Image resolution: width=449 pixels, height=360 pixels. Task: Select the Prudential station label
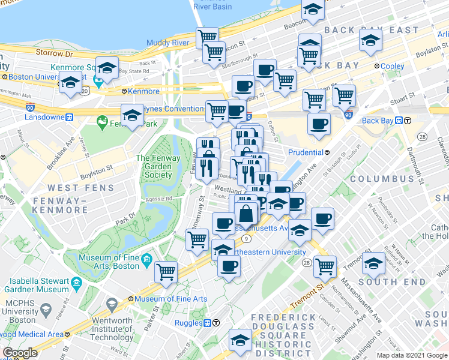(x=306, y=152)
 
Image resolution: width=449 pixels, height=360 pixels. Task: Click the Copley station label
(x=393, y=66)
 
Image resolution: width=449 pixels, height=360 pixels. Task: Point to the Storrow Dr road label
(x=49, y=52)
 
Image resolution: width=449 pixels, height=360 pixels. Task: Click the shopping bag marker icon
(x=247, y=213)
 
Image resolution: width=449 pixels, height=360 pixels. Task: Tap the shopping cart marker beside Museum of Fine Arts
(x=166, y=271)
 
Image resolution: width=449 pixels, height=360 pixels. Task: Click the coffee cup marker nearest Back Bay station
(x=319, y=124)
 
